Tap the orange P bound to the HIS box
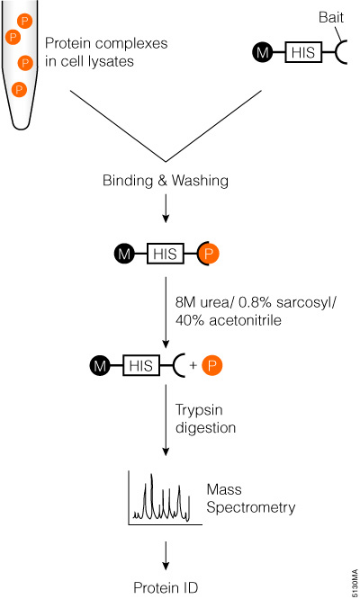pyautogui.click(x=205, y=255)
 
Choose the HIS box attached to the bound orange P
pyautogui.click(x=165, y=255)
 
